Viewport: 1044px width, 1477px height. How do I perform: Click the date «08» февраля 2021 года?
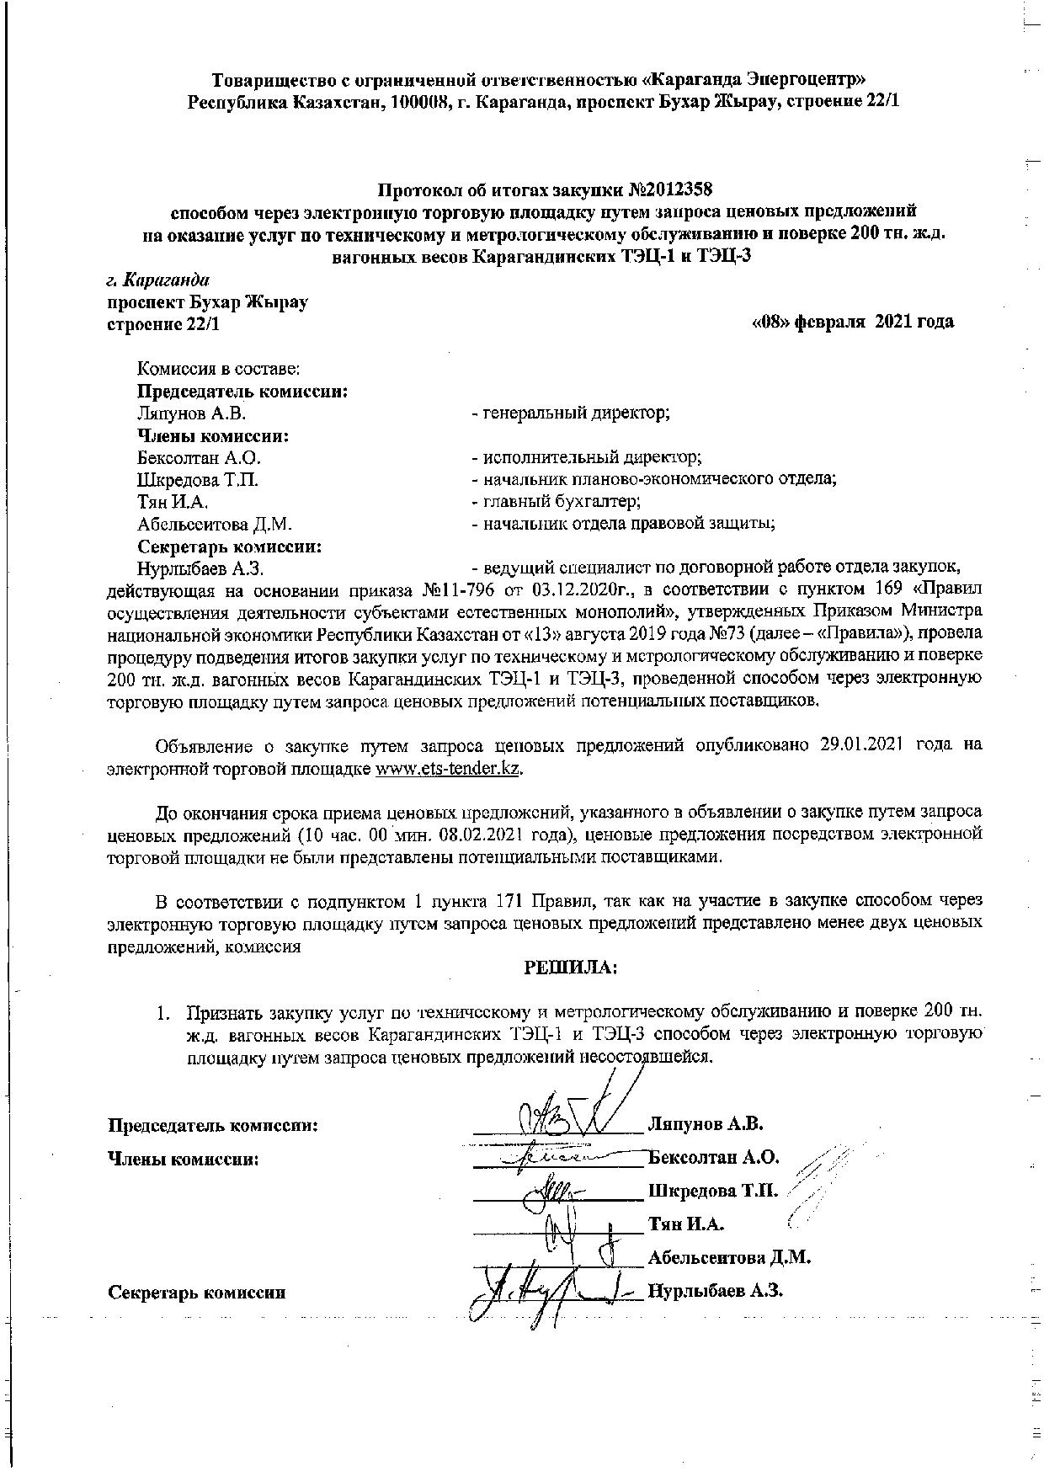[x=851, y=322]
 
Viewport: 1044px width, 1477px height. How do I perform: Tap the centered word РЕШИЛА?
[x=571, y=968]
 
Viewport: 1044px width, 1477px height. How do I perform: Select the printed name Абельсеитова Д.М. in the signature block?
[x=728, y=1258]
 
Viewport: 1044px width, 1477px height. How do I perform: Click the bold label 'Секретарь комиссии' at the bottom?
[x=197, y=1293]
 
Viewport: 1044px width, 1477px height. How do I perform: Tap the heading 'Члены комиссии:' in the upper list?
[x=213, y=436]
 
